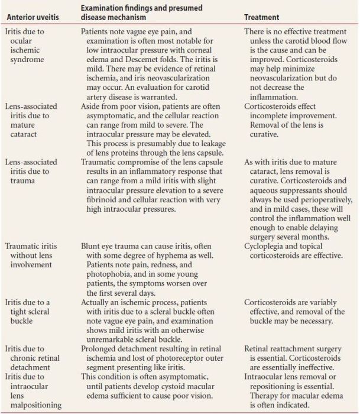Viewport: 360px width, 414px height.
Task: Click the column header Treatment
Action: [262, 18]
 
